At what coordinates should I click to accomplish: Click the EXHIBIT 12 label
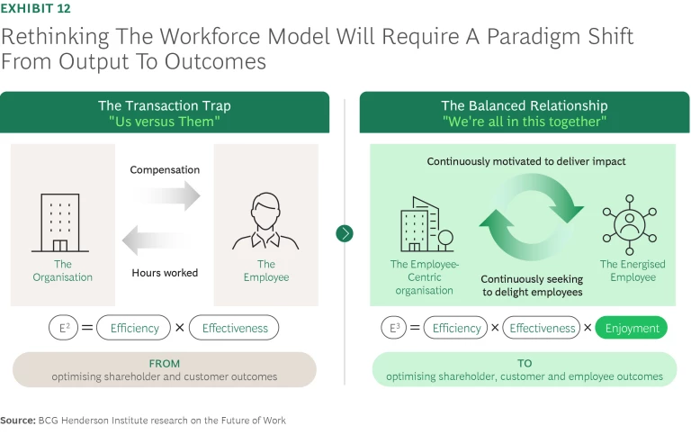[36, 9]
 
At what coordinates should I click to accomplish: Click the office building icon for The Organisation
[61, 221]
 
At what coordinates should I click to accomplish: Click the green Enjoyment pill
[632, 328]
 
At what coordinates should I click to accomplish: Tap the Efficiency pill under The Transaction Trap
[134, 328]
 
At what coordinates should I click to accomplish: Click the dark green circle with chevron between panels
[345, 233]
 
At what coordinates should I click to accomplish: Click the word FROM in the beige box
[164, 363]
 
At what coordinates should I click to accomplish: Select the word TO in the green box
[525, 363]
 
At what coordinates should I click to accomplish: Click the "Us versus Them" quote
[164, 122]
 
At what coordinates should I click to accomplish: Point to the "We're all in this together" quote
[525, 122]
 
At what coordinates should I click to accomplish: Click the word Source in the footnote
[17, 420]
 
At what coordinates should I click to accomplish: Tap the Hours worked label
[164, 272]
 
